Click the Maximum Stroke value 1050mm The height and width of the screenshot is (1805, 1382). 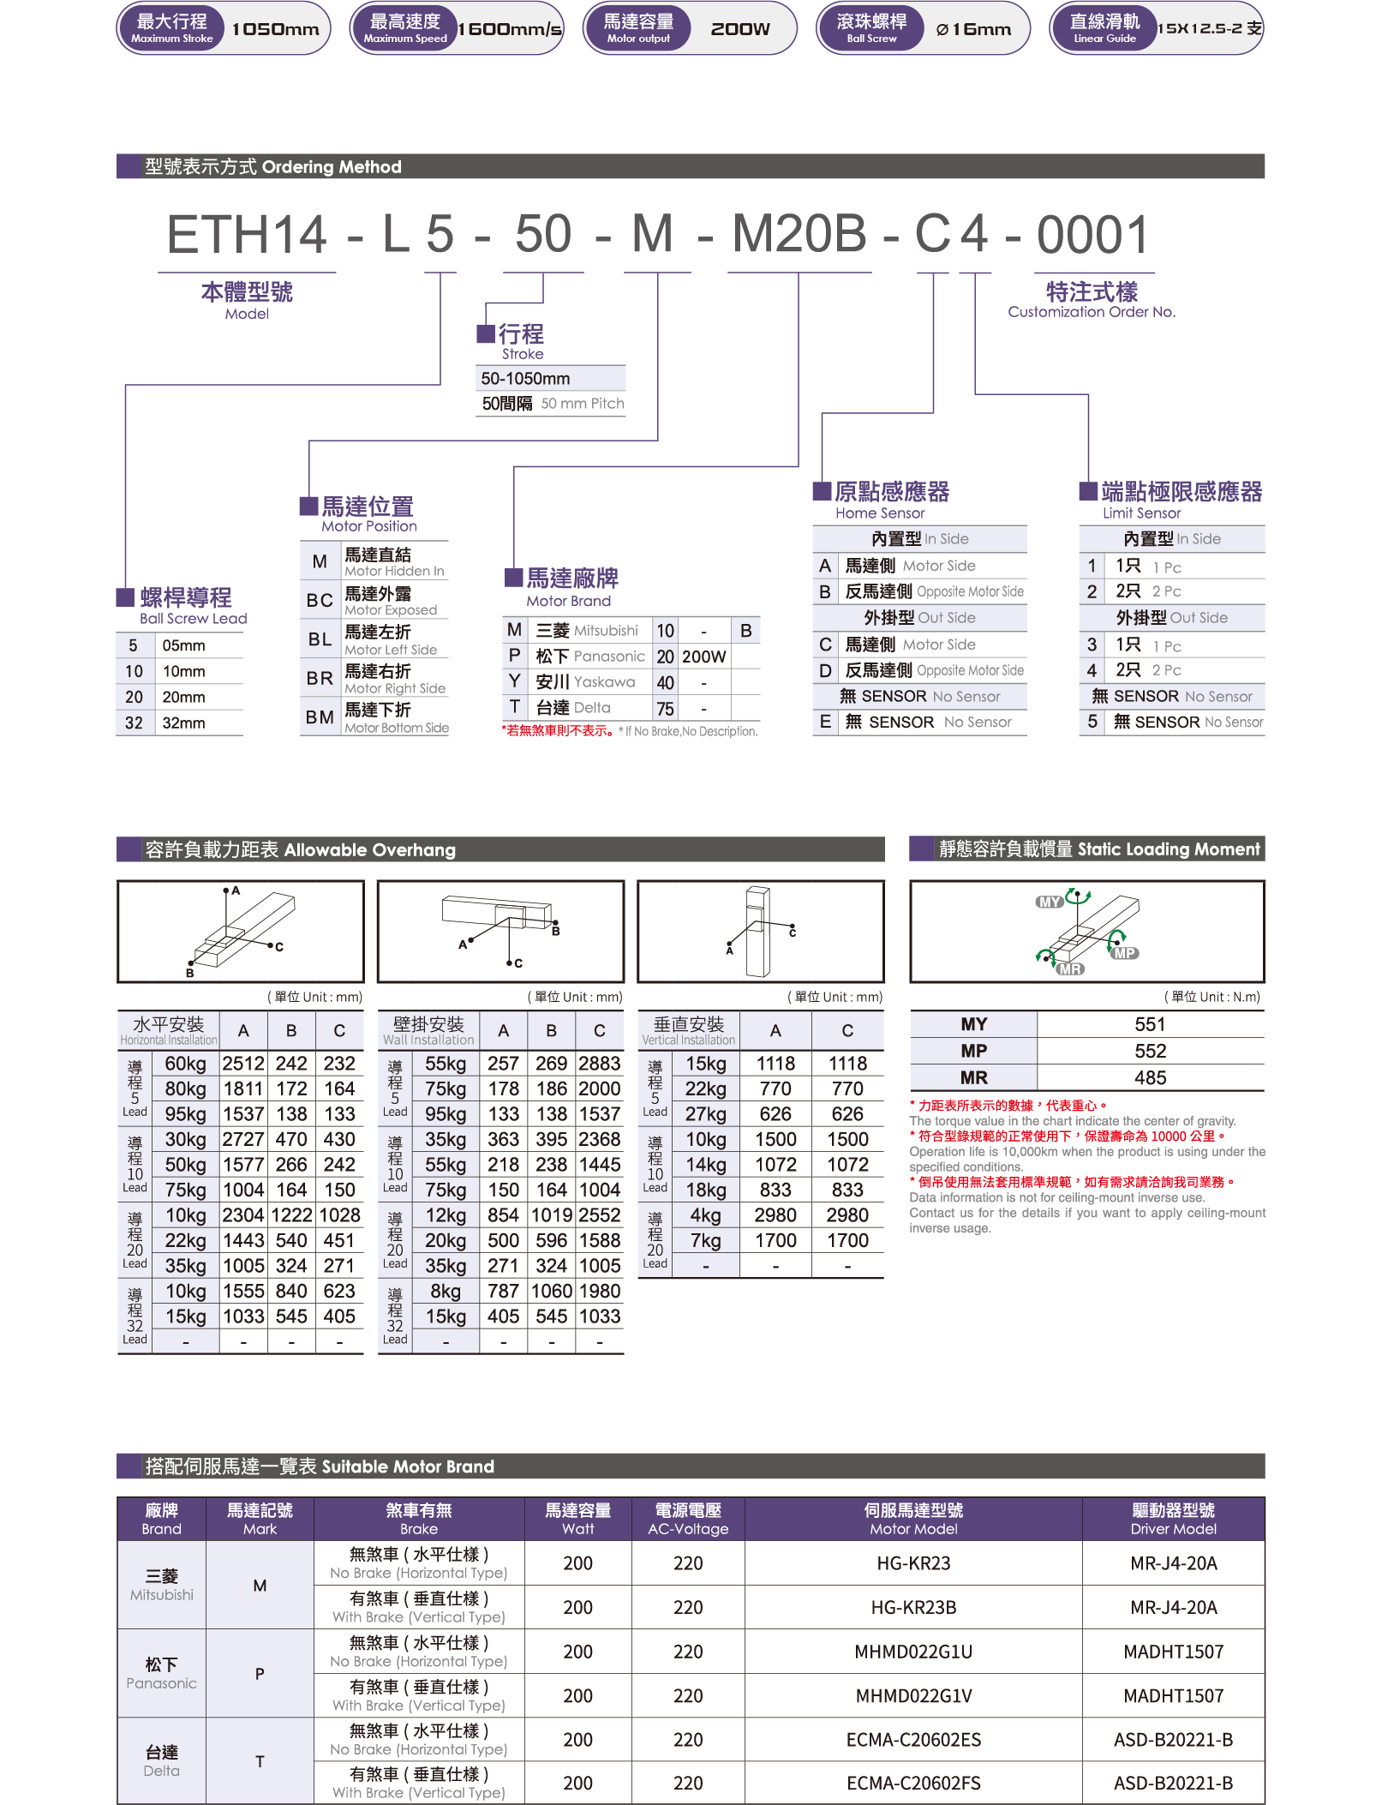point(275,29)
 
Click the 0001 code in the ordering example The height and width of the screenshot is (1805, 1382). point(1092,234)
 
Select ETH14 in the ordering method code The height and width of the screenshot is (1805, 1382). point(247,234)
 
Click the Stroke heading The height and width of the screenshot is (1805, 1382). point(522,340)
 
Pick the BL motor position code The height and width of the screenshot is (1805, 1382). point(320,639)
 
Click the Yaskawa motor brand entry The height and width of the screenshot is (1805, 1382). point(585,682)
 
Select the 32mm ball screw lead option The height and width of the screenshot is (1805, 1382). point(183,723)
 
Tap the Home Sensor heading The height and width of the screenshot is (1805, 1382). point(891,500)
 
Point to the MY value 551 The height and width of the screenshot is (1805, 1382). point(1150,1024)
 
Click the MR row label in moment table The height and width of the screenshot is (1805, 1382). point(974,1077)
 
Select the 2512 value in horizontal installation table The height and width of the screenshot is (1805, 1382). point(243,1064)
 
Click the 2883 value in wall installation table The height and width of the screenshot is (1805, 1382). point(600,1064)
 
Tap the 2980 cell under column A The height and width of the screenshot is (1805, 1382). point(775,1215)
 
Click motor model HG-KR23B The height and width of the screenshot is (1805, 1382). point(913,1607)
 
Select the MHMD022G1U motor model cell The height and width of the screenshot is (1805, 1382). point(913,1652)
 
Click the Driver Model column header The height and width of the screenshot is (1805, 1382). point(1174,1519)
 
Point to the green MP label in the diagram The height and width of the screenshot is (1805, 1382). point(1124,953)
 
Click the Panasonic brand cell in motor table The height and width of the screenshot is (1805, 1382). point(161,1673)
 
